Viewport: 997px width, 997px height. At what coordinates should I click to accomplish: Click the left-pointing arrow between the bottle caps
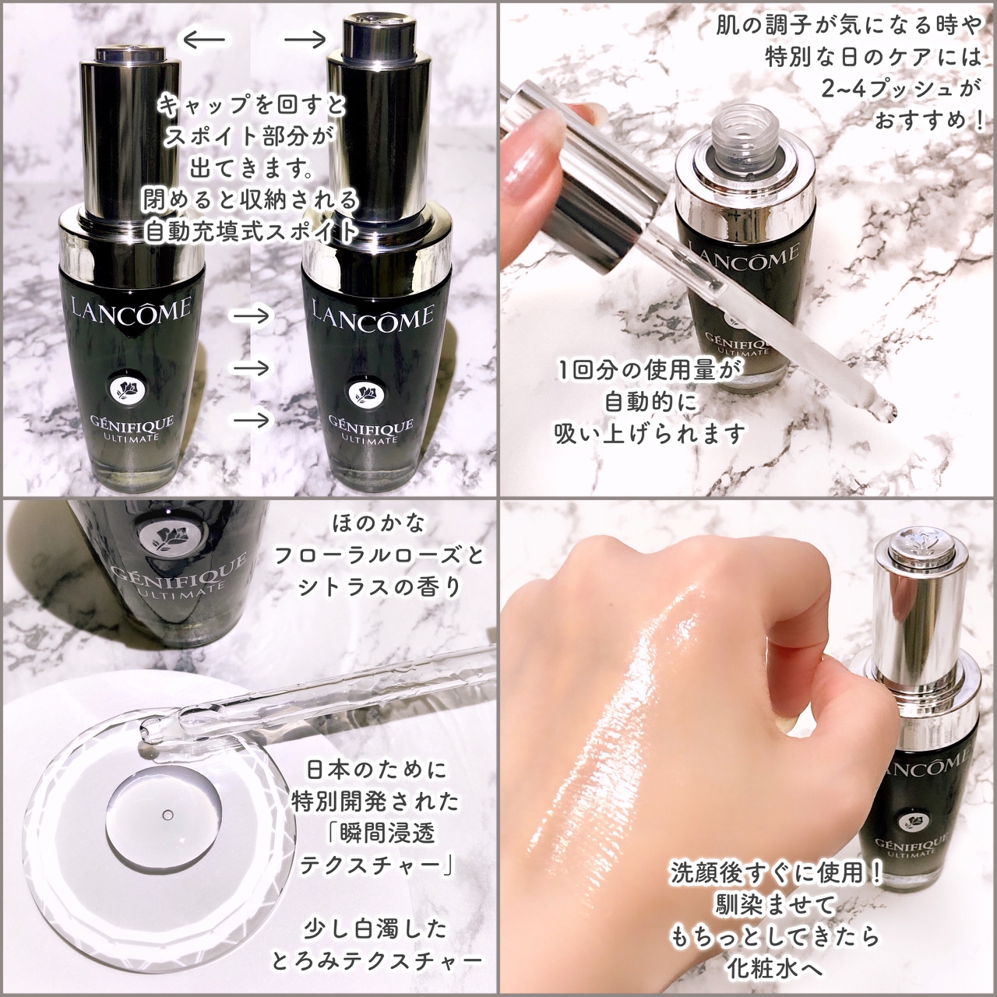pos(203,38)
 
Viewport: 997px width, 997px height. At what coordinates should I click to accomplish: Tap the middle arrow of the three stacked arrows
pos(252,368)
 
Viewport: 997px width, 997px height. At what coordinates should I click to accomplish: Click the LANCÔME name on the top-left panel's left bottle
pos(132,309)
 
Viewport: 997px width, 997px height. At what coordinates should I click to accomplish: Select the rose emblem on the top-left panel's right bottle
pos(363,391)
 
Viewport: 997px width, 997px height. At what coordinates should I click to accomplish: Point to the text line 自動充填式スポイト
pos(252,231)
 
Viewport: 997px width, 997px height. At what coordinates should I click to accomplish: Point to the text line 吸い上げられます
pos(650,434)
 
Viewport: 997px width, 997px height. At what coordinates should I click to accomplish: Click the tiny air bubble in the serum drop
pos(167,815)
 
